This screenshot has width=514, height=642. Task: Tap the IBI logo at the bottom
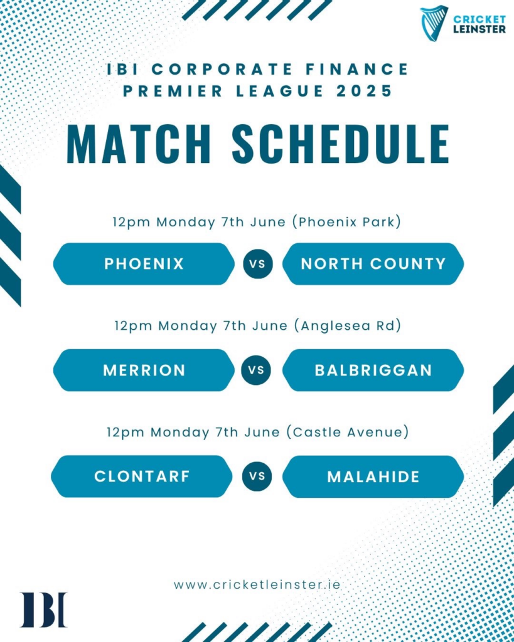coord(43,609)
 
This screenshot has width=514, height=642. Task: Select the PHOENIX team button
coord(144,264)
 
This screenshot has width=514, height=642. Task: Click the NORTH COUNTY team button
coord(373,264)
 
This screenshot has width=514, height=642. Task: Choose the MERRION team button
coord(144,370)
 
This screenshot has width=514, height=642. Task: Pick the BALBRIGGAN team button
coord(373,370)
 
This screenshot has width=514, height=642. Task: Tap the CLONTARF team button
coord(142,476)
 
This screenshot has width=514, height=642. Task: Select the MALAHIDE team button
coord(373,476)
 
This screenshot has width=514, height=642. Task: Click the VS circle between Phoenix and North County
coord(257,264)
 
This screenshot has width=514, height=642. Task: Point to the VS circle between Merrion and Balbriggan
coord(256,370)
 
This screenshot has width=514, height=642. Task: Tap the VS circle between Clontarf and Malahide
coord(257,476)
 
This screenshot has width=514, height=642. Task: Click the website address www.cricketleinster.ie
coord(257,584)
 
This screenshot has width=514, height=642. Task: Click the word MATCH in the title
coord(139,144)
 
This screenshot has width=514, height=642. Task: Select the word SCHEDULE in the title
coord(341,144)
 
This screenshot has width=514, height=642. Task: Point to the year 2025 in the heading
coord(364,91)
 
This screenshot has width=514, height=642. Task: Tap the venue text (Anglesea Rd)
coord(348,326)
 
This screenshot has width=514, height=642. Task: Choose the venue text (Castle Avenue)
coord(348,432)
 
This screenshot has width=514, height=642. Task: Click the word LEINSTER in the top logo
coord(479,29)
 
